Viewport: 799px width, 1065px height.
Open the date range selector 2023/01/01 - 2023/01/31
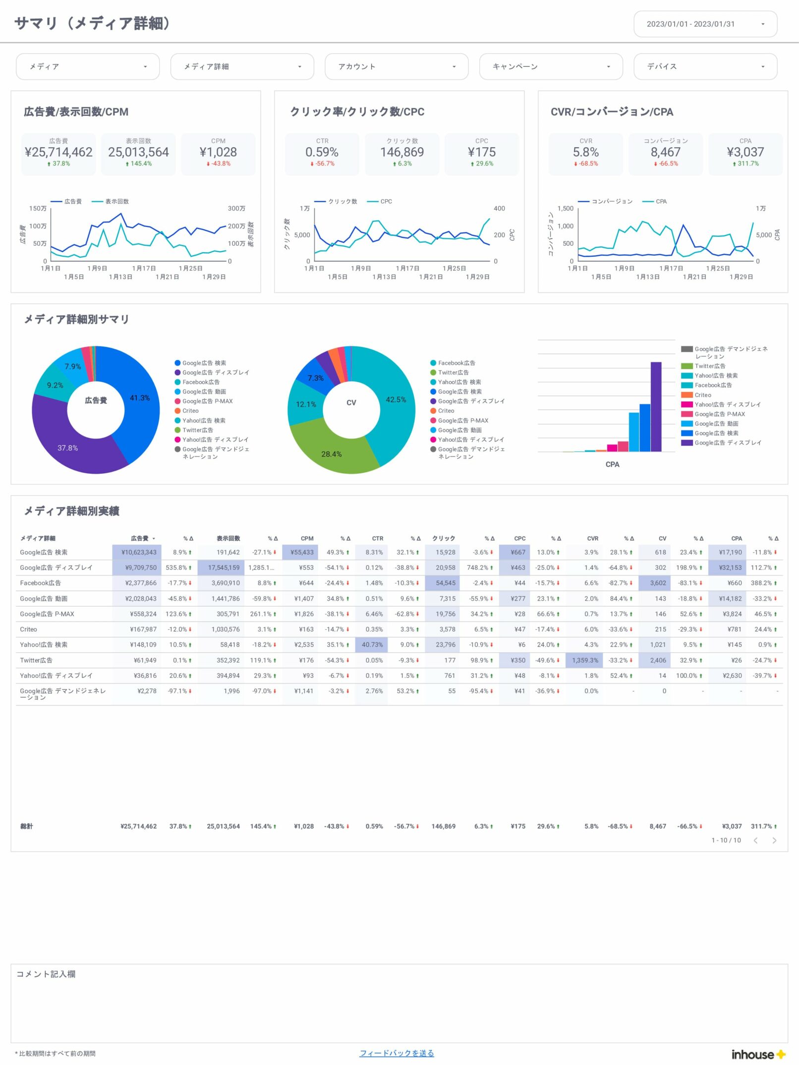tap(705, 24)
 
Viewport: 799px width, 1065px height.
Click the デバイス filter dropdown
tap(705, 66)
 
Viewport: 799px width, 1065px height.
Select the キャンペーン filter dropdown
tap(550, 66)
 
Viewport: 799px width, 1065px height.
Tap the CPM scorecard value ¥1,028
tap(218, 152)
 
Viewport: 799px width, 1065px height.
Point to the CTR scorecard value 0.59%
tap(322, 152)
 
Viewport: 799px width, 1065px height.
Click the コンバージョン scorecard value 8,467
tap(665, 152)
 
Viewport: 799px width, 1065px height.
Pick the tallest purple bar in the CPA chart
tap(656, 406)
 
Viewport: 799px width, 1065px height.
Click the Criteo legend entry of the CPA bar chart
tap(702, 395)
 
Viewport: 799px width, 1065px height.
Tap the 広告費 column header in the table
tap(140, 538)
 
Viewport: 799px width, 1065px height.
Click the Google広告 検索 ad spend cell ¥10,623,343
tap(138, 552)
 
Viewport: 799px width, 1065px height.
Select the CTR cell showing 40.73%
tap(372, 645)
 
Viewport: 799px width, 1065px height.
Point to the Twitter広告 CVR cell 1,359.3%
tap(585, 660)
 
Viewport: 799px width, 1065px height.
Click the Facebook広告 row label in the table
tap(41, 583)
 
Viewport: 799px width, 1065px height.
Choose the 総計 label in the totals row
tap(27, 826)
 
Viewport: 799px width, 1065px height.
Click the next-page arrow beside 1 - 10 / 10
tap(774, 841)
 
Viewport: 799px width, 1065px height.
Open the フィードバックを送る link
tap(397, 1053)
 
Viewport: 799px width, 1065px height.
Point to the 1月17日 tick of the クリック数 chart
tap(407, 268)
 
